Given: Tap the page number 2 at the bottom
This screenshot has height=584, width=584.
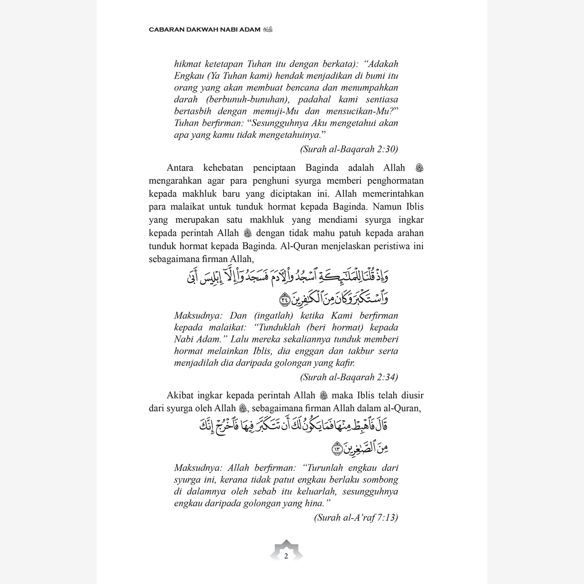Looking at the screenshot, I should coord(286,556).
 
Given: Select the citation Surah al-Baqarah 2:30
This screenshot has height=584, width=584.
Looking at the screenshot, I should coord(349,149).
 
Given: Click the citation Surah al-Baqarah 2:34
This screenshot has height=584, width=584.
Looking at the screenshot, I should coord(349,377).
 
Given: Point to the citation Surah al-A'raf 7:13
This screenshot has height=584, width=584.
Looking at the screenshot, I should coord(356,517).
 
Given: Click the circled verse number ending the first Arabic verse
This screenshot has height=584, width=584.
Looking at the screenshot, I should coord(285,299).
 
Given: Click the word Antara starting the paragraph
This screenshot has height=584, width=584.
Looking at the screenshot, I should coord(180,168).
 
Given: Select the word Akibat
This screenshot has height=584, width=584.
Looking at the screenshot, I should coord(180,395).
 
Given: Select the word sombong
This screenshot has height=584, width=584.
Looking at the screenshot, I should coord(380,480).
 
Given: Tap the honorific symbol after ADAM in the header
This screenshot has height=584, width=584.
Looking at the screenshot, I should coord(268,30).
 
